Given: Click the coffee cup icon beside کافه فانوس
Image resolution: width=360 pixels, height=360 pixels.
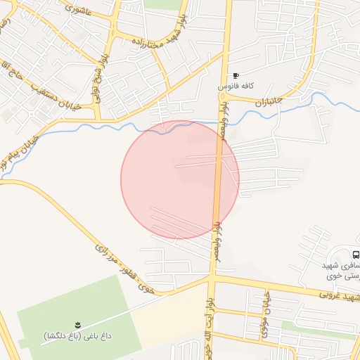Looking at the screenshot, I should (x=236, y=75).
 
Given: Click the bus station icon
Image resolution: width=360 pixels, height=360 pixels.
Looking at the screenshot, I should (x=356, y=255).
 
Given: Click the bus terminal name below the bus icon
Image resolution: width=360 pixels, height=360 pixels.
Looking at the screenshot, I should (x=341, y=271).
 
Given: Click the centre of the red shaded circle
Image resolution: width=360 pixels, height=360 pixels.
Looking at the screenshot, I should (x=180, y=179).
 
